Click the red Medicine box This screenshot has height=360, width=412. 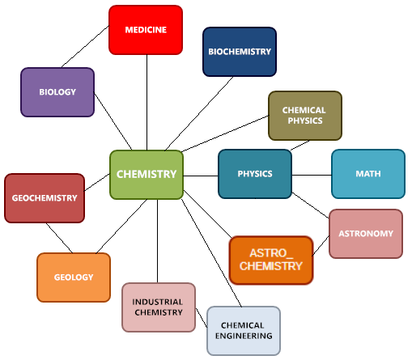(x=146, y=30)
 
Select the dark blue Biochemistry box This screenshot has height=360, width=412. (x=240, y=52)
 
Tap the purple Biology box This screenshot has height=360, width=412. (x=57, y=92)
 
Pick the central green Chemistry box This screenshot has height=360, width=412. (x=147, y=175)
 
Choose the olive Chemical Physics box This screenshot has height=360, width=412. (x=305, y=116)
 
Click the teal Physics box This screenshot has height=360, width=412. (x=255, y=174)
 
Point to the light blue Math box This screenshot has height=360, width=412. (x=368, y=174)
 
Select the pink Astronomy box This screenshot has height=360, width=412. (x=366, y=234)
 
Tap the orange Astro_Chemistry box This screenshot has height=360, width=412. (x=271, y=260)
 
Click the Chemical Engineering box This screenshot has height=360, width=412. (x=244, y=331)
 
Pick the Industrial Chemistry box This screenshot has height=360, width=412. (x=159, y=307)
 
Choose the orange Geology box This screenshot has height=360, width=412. (x=74, y=277)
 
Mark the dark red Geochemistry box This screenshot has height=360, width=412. (x=45, y=198)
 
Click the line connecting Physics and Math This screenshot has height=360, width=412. (x=312, y=175)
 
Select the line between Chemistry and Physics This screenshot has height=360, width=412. (x=201, y=176)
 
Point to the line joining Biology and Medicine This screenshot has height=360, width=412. (x=85, y=46)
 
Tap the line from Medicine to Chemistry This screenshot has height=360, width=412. (x=147, y=103)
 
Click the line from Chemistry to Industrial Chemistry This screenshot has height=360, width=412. (x=157, y=241)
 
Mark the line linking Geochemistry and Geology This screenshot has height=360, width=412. (x=59, y=238)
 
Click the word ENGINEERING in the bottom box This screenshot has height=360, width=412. (x=244, y=336)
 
